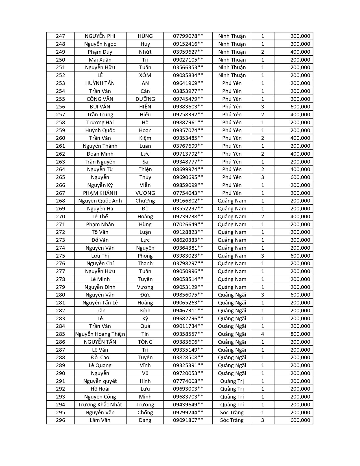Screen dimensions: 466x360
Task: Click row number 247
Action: [60, 36]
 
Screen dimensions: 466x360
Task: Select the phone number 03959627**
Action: [188, 52]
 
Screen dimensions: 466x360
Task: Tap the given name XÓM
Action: [145, 75]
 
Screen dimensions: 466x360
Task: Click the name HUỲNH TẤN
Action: [100, 83]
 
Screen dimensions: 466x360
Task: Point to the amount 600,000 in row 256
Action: [300, 107]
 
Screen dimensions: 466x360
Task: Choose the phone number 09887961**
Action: [188, 123]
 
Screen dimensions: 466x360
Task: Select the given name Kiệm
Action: [145, 138]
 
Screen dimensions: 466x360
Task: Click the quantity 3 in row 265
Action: [263, 177]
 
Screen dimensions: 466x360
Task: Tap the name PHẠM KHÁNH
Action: [100, 193]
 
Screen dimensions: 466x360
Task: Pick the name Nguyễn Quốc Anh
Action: [100, 201]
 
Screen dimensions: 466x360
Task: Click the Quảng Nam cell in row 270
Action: [232, 217]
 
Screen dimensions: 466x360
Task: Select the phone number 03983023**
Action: [188, 256]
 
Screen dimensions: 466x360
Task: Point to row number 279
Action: [60, 287]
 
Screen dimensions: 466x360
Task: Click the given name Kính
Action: [145, 311]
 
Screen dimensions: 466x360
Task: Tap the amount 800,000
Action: [300, 334]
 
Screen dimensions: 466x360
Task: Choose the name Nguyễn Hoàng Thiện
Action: [100, 334]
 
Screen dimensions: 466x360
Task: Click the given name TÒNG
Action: [145, 342]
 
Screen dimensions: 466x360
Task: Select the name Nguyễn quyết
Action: [100, 381]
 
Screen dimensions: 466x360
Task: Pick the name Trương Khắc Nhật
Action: [100, 405]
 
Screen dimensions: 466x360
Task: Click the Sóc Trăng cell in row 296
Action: [232, 420]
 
